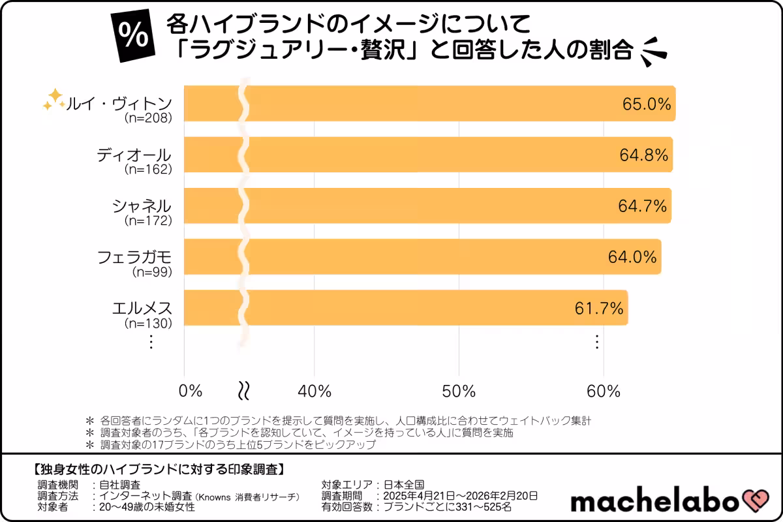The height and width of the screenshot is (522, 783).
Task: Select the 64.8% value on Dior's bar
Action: (x=643, y=155)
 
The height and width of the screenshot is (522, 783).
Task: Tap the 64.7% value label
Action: (x=642, y=206)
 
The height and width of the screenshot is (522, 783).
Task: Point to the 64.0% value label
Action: (x=632, y=257)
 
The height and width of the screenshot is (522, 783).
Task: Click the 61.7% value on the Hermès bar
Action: (x=599, y=308)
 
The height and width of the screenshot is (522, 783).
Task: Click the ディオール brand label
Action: (x=134, y=155)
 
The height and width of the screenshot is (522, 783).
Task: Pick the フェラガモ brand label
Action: (x=134, y=256)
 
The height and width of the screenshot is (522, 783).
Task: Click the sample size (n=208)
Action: (x=147, y=119)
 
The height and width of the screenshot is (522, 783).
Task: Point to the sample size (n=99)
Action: (x=151, y=271)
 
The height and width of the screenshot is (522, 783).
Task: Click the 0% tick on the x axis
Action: (x=191, y=391)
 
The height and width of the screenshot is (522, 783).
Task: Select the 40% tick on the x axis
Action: (x=315, y=391)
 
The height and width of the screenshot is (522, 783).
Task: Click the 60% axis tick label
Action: (x=603, y=391)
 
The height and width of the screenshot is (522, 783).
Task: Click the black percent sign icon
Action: (x=134, y=37)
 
